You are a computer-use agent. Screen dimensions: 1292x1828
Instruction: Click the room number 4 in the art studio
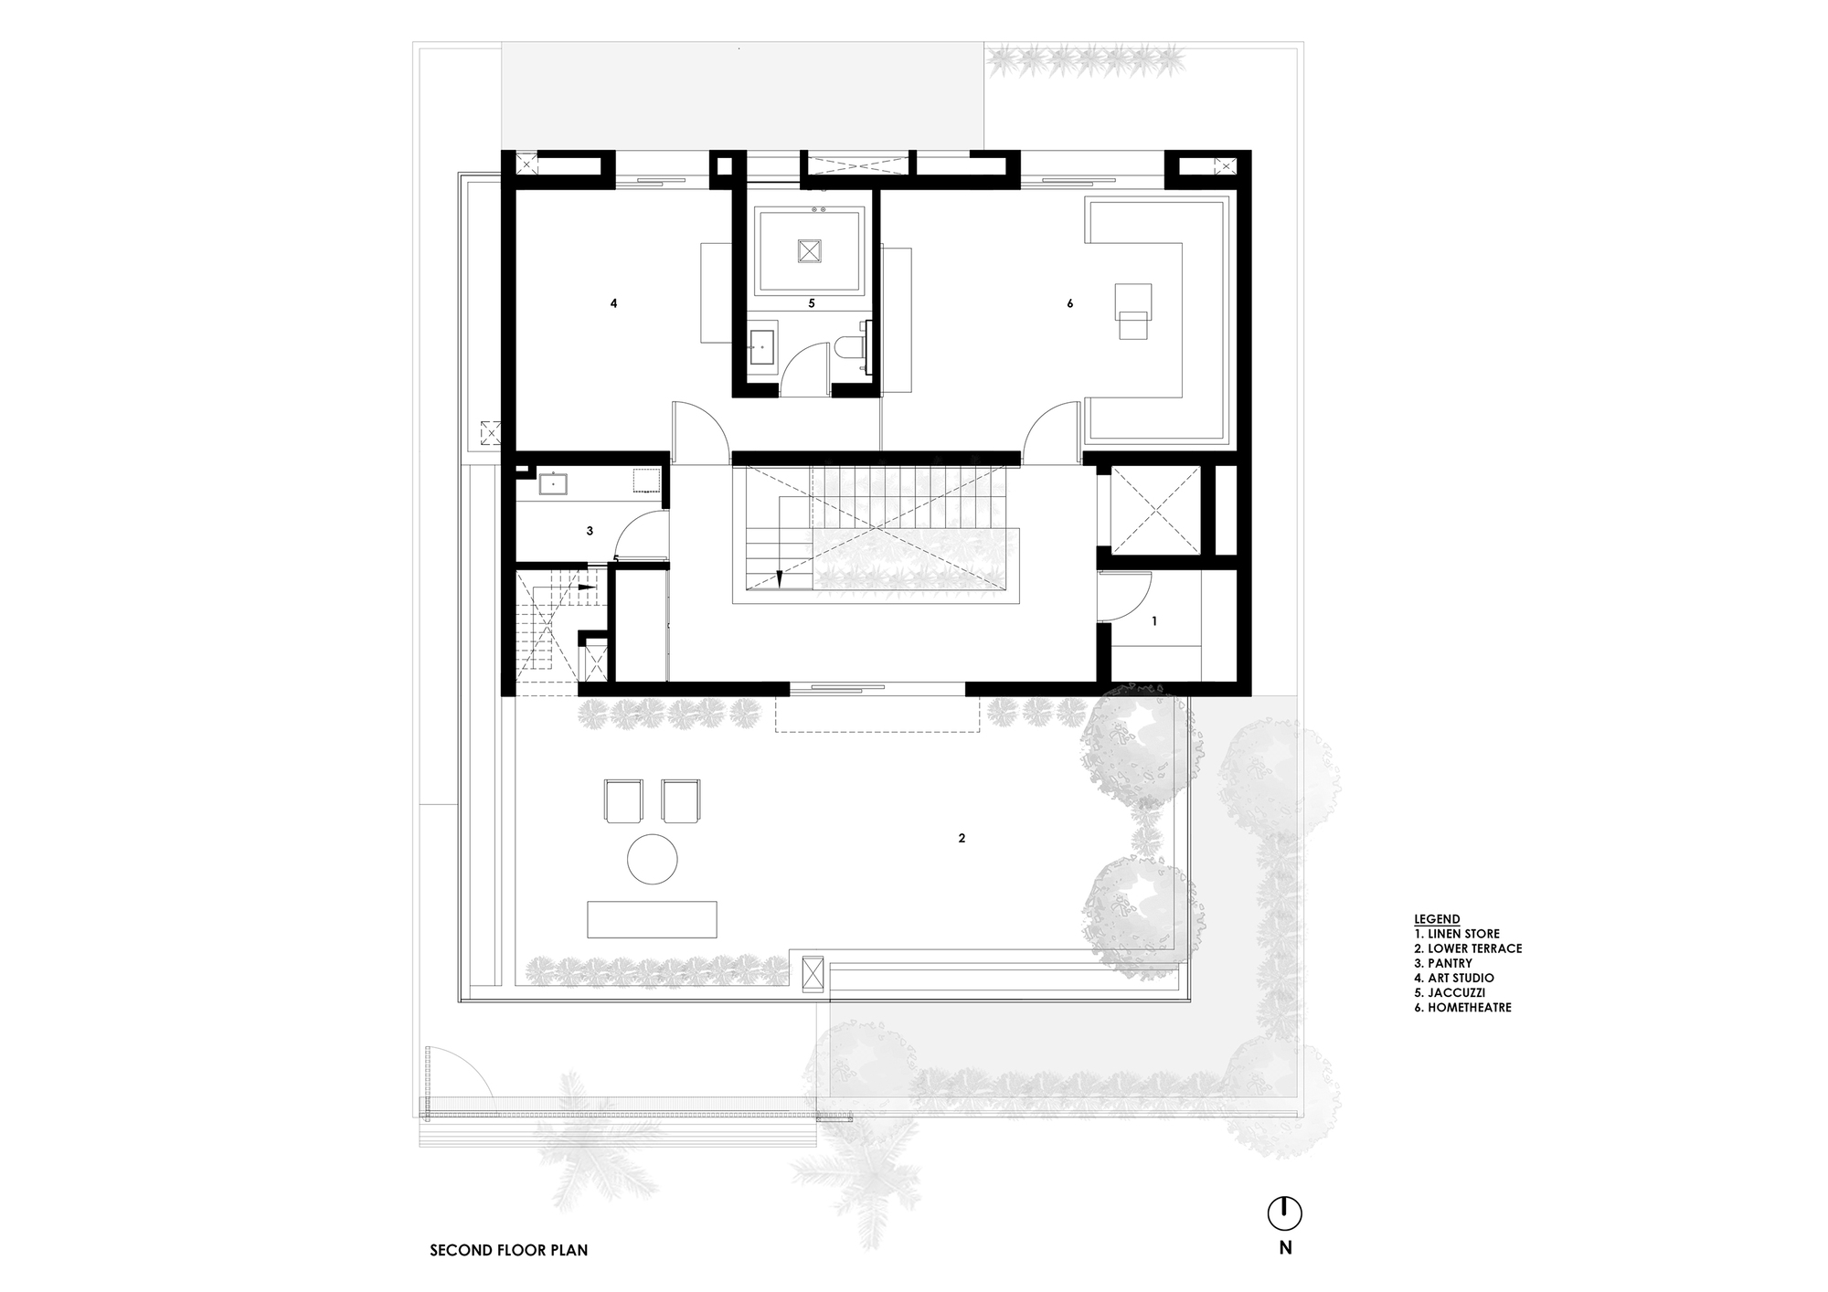pos(613,303)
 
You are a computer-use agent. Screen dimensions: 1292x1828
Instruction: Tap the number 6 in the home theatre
pos(1069,303)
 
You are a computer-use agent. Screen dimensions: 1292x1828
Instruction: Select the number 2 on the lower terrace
pos(962,838)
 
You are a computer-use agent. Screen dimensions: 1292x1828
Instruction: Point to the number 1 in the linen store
pos(1154,621)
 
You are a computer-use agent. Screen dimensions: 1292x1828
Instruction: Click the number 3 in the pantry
pos(590,531)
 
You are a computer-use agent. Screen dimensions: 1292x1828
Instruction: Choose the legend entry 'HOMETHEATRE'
pos(1462,1008)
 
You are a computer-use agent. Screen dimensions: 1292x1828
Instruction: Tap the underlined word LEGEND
pos(1437,919)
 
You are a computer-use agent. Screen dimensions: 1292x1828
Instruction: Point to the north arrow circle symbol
pos(1284,1214)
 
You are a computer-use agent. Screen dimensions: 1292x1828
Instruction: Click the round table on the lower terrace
pos(653,859)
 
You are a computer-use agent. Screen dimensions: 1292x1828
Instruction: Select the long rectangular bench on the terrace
pos(652,919)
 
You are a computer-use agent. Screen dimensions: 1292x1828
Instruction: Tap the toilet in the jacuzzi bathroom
pos(847,351)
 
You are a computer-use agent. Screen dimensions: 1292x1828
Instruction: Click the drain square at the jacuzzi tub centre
pos(810,251)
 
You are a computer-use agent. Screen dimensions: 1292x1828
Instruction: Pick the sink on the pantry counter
pos(554,483)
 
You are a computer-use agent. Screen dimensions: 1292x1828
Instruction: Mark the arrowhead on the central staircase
pos(780,577)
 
